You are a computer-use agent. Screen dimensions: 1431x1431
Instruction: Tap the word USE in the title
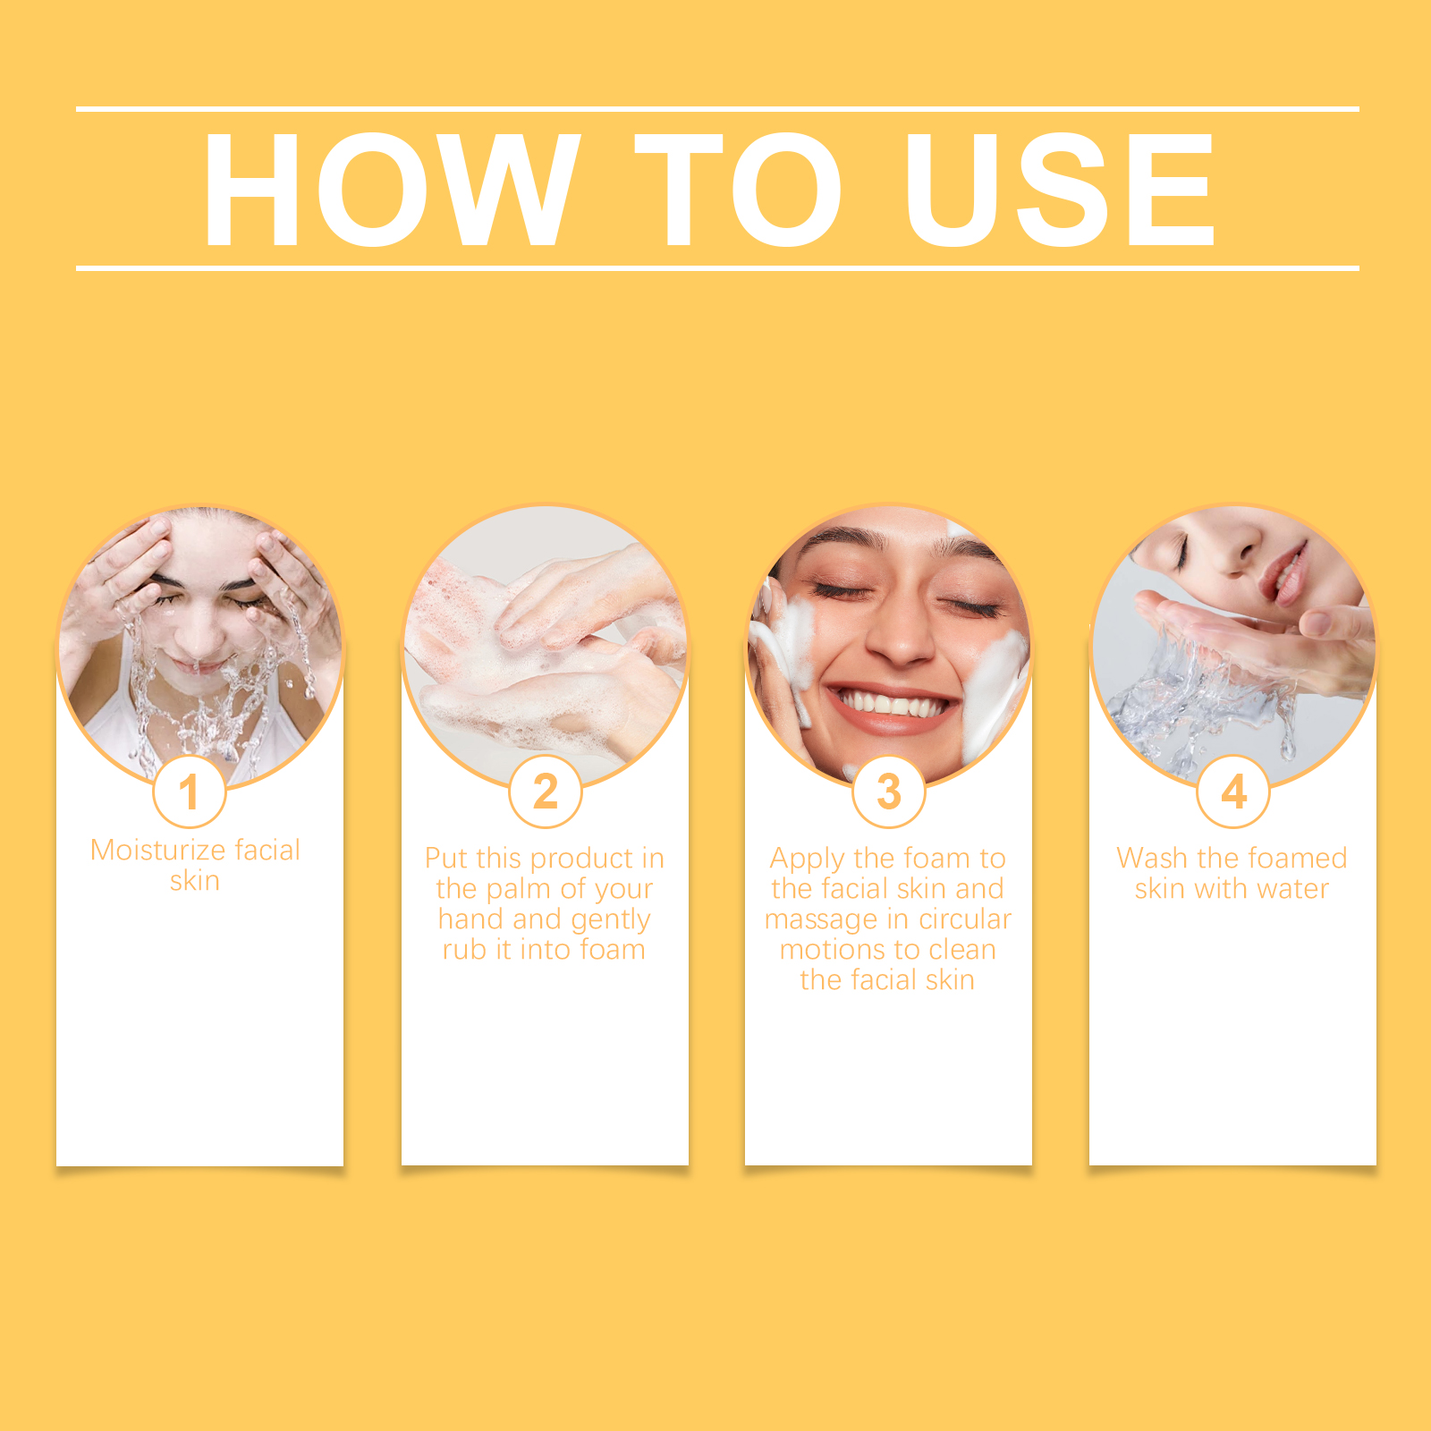pyautogui.click(x=1061, y=189)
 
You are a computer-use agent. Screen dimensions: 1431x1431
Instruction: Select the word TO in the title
pyautogui.click(x=739, y=189)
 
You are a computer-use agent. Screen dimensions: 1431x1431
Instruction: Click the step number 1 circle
pyautogui.click(x=190, y=792)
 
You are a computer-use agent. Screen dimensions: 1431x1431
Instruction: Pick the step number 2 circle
pyautogui.click(x=546, y=792)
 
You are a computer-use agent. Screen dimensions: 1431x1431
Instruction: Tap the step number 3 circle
pyautogui.click(x=889, y=792)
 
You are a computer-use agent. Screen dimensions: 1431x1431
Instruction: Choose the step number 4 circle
pyautogui.click(x=1233, y=792)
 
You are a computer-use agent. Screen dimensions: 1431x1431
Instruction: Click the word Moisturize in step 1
pyautogui.click(x=158, y=850)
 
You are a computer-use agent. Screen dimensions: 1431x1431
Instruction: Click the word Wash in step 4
pyautogui.click(x=1152, y=859)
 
